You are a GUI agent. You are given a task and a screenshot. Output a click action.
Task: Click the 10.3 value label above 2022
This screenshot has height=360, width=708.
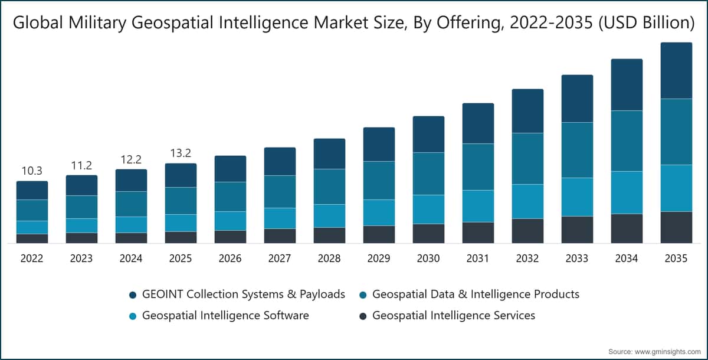click(x=32, y=171)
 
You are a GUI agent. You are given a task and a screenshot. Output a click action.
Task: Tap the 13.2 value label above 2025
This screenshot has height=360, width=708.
click(x=181, y=153)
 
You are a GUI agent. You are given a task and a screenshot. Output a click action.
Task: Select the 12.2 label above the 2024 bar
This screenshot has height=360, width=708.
click(x=131, y=159)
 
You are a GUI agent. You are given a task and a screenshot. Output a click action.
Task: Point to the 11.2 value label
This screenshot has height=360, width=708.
click(x=81, y=165)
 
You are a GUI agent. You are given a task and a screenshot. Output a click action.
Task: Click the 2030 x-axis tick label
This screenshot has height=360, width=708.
click(x=428, y=258)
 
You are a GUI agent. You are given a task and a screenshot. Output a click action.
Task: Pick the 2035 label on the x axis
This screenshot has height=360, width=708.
click(x=676, y=258)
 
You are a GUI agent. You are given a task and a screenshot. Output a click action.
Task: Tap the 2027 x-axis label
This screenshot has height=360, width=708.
click(x=280, y=258)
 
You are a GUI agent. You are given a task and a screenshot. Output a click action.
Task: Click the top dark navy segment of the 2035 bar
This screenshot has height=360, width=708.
click(x=676, y=70)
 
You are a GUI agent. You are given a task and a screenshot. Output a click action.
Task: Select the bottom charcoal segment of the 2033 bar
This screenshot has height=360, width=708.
click(x=577, y=230)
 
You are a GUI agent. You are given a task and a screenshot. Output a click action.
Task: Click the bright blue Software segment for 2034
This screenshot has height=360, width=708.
click(x=627, y=193)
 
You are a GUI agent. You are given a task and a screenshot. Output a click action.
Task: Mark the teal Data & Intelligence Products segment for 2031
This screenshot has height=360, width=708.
click(x=478, y=167)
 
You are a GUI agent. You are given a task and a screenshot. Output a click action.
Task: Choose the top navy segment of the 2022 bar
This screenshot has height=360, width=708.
click(x=32, y=190)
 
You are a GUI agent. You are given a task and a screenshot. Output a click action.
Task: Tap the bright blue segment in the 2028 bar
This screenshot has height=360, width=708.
click(x=329, y=216)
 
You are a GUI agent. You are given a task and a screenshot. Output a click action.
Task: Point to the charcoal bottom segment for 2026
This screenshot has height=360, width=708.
click(x=231, y=237)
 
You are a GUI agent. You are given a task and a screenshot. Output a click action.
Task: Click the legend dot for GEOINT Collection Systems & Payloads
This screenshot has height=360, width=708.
click(x=133, y=295)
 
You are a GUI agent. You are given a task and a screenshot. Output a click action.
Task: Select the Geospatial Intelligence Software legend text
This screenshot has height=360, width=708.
click(x=225, y=315)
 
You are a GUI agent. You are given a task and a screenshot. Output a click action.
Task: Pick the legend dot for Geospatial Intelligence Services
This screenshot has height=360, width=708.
click(x=363, y=316)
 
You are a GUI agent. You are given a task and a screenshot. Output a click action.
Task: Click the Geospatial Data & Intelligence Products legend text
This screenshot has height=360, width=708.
click(x=476, y=294)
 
